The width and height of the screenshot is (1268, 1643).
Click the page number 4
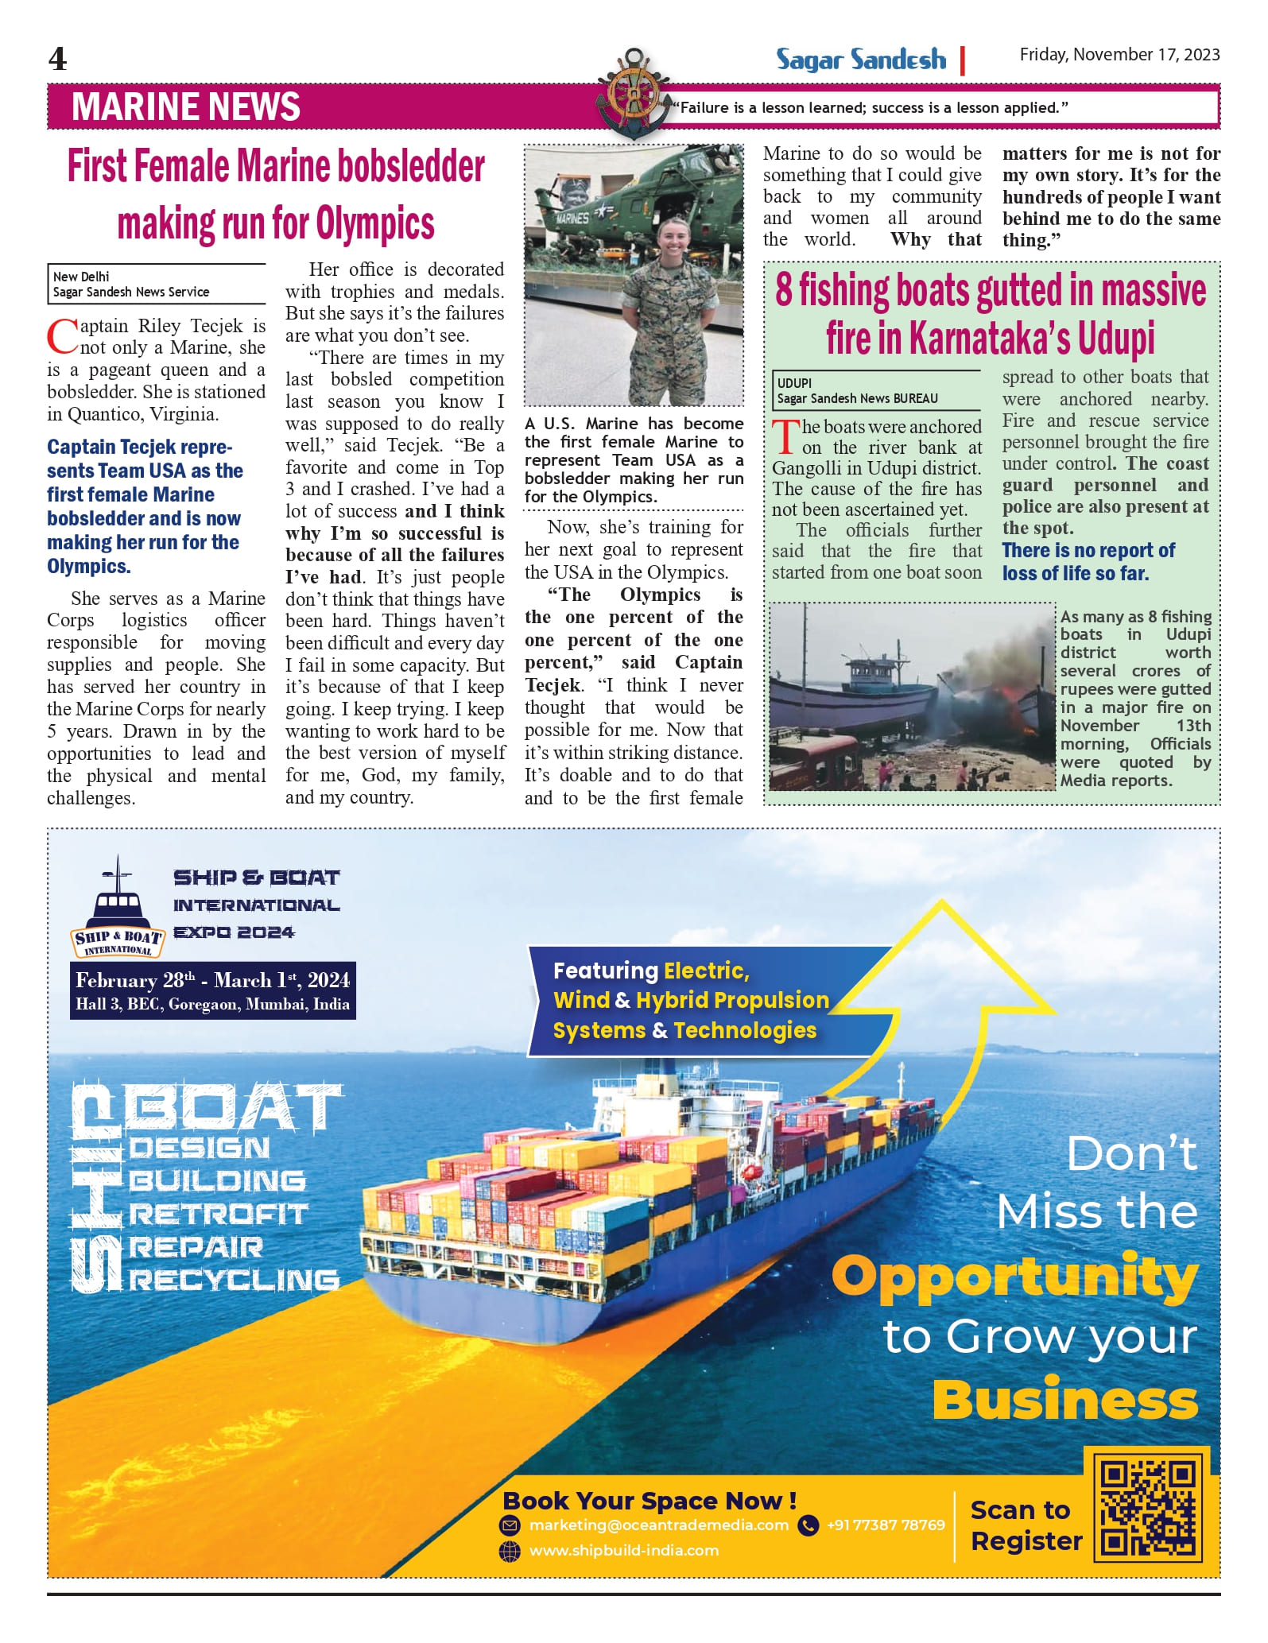pos(57,59)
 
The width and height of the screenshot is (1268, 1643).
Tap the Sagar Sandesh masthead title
pos(861,60)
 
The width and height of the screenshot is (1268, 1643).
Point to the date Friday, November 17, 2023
pos(1119,55)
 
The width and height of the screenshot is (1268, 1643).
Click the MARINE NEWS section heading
pos(186,107)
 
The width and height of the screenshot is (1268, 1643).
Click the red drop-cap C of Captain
pos(62,336)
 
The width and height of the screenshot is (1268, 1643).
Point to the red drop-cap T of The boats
pos(785,436)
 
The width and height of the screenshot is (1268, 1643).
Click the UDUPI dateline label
pos(794,382)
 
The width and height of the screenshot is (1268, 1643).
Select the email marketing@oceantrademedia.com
pos(658,1525)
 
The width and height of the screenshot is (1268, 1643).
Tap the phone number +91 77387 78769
pos(885,1525)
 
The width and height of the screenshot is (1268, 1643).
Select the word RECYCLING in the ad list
pos(235,1280)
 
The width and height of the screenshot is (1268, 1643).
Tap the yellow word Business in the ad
pos(1065,1401)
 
